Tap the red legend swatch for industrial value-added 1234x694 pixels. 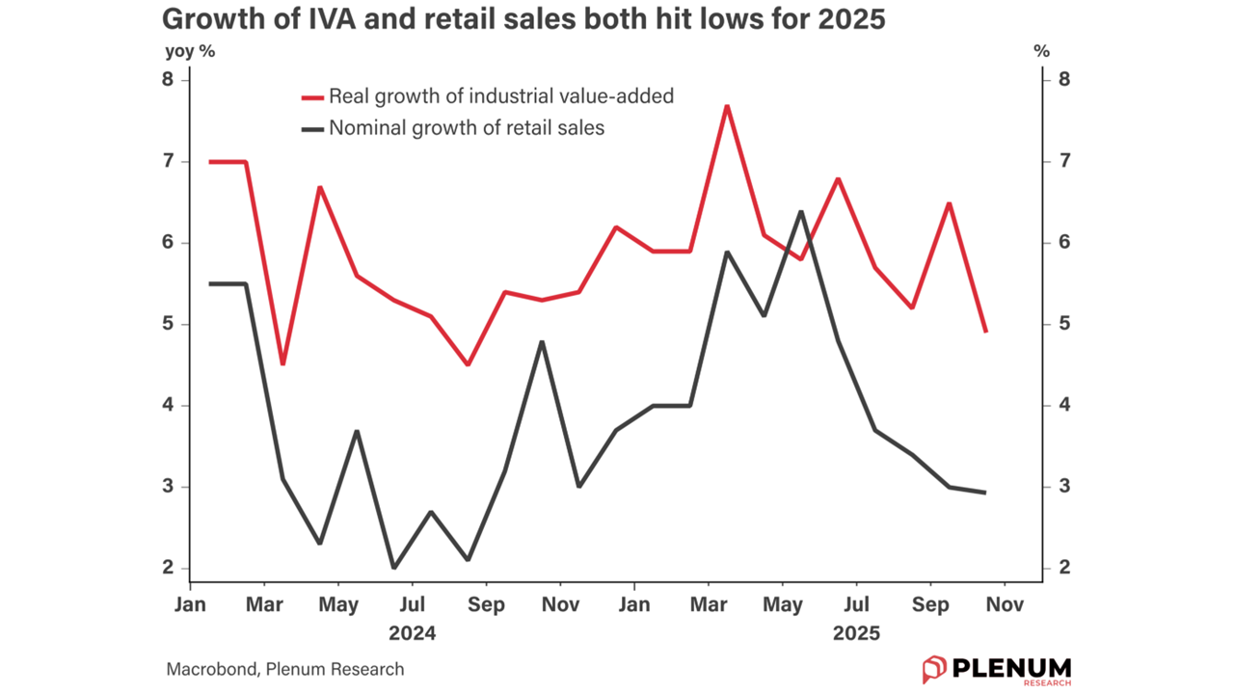(312, 96)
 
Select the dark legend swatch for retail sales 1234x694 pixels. (312, 127)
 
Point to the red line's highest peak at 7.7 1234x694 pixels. (727, 106)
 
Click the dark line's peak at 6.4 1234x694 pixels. (801, 211)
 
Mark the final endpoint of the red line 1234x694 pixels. (985, 332)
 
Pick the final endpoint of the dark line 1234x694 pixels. (985, 493)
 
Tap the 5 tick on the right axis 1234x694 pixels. (1064, 324)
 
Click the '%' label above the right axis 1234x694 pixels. (1041, 52)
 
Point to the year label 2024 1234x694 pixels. (412, 633)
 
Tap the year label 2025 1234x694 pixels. (856, 633)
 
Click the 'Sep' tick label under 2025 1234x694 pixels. (929, 605)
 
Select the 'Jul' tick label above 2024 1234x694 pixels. (412, 605)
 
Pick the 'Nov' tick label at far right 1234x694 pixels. (1004, 605)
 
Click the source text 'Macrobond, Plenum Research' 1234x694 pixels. (285, 669)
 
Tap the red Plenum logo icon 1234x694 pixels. (934, 669)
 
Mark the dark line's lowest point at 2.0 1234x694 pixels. (393, 568)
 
